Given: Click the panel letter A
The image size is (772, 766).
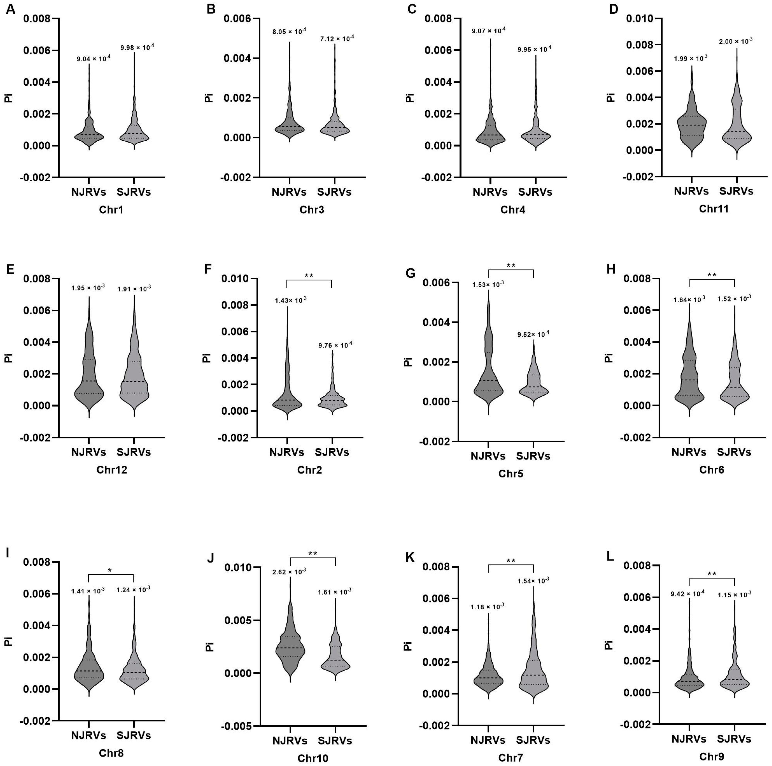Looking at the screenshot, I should point(11,9).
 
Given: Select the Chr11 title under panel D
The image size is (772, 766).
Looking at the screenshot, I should point(713,208).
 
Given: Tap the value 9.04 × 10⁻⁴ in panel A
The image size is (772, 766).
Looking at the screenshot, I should point(94,59).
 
